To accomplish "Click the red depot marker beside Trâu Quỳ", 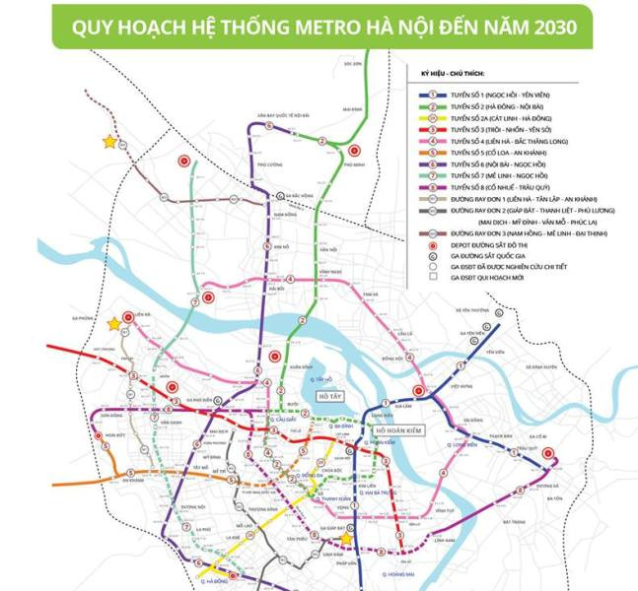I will click(x=550, y=455).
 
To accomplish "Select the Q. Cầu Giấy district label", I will click(x=285, y=420).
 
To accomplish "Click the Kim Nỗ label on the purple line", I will click(x=279, y=247).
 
